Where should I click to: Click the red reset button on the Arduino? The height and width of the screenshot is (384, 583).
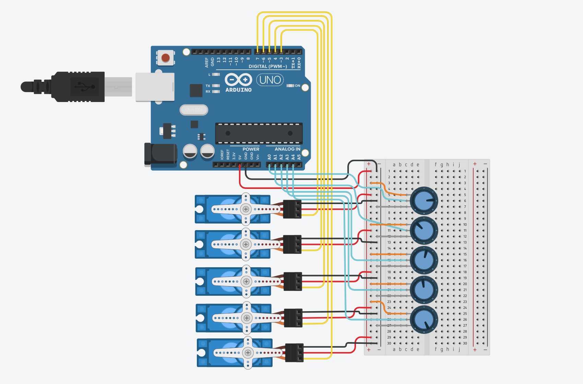(x=166, y=58)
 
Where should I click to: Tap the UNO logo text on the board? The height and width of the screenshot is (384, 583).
(x=270, y=80)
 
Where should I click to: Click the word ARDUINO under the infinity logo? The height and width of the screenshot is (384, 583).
(x=238, y=90)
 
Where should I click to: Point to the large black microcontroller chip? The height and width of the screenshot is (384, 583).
(x=259, y=133)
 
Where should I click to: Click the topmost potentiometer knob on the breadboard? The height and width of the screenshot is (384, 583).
(x=424, y=201)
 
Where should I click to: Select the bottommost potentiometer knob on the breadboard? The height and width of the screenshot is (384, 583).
(x=424, y=319)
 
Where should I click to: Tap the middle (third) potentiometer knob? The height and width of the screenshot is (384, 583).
(x=424, y=260)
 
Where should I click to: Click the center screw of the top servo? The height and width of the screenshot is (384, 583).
(x=246, y=209)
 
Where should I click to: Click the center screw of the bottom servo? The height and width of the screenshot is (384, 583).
(x=248, y=353)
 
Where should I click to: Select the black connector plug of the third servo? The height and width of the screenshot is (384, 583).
(x=293, y=281)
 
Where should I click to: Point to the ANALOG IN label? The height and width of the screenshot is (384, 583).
(x=287, y=149)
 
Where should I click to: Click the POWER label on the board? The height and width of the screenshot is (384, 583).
(x=251, y=149)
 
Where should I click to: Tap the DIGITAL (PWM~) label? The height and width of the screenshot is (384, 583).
(x=267, y=66)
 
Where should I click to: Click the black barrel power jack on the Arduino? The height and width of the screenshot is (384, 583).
(x=160, y=154)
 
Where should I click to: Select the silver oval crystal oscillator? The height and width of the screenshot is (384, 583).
(x=194, y=110)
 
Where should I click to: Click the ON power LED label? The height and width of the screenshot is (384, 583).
(x=297, y=86)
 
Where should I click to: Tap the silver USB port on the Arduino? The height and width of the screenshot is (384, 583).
(x=155, y=87)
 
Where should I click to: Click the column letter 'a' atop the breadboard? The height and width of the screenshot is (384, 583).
(x=394, y=165)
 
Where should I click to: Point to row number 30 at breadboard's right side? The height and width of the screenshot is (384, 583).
(x=465, y=343)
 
